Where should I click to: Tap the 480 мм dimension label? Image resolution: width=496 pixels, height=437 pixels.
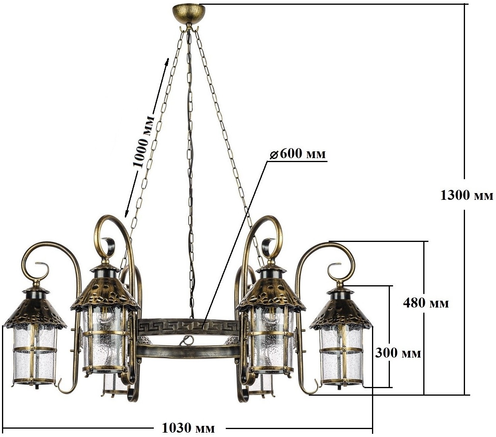[x=426, y=303]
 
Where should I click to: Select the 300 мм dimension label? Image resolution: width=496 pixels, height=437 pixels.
[x=398, y=353]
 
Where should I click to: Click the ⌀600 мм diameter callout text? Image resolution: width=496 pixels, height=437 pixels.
[x=298, y=154]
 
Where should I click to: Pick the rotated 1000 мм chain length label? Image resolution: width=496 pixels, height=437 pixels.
[x=144, y=141]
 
